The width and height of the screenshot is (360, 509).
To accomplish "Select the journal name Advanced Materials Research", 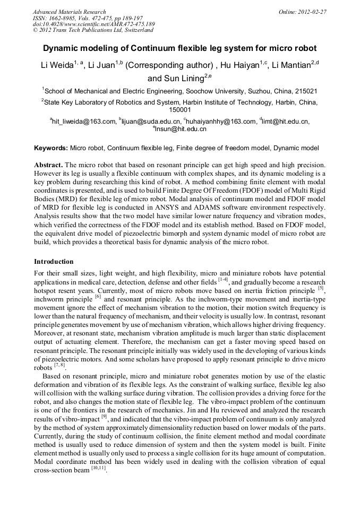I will (69, 12).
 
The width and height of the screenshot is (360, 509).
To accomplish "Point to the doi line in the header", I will (93, 24).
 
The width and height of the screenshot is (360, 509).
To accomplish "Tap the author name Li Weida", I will (58, 66).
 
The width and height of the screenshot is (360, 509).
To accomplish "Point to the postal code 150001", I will (179, 110).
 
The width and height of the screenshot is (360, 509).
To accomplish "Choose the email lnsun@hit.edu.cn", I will (181, 129).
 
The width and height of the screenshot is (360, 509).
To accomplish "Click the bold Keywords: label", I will (51, 148).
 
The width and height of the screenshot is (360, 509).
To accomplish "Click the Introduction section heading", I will (54, 262).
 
